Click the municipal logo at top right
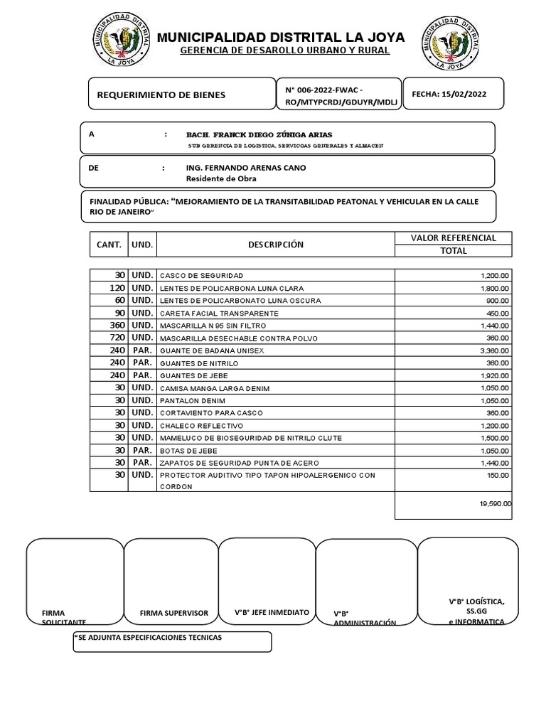453,43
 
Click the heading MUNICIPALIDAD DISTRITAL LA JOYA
281,37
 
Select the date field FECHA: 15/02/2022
449,94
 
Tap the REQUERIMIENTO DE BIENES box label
160,95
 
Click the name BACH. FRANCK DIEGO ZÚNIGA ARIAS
259,134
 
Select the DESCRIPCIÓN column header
275,244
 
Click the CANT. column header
109,244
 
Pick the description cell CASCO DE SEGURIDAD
202,275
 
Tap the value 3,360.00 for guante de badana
494,350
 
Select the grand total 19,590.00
495,503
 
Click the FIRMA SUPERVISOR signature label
174,613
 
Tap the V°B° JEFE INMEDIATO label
272,612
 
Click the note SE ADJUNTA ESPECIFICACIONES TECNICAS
149,637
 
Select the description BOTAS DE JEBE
188,451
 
